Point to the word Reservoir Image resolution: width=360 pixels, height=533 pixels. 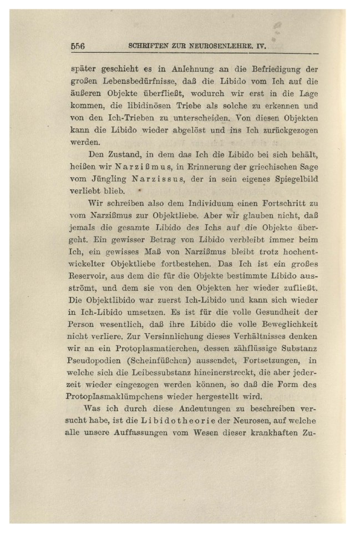click(89, 276)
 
